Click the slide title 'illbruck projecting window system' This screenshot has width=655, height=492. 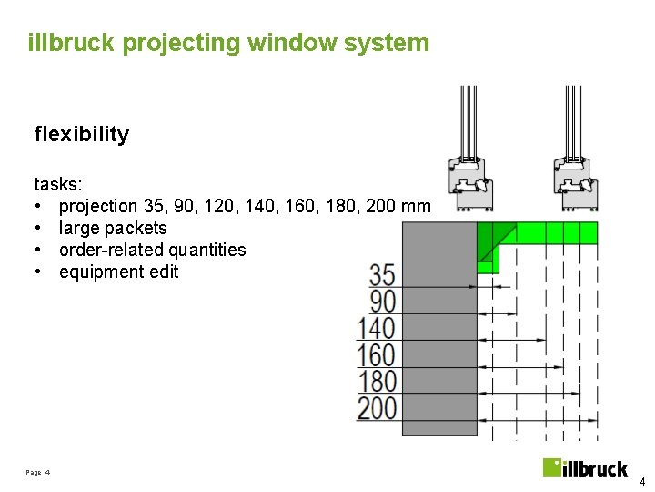pos(228,43)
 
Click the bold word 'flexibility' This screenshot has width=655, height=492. pos(82,135)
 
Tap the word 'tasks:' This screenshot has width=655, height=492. pos(58,184)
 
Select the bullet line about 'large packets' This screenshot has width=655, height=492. pos(113,228)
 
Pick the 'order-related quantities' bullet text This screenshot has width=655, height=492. pos(152,250)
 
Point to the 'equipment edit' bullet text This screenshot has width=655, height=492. pos(118,272)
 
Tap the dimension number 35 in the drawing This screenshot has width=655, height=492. pos(382,274)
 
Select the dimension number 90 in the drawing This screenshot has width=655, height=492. pos(382,301)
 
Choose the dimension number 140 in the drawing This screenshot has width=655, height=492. pos(377,327)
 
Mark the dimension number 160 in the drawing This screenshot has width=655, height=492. pos(377,354)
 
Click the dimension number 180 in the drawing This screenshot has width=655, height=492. pos(377,380)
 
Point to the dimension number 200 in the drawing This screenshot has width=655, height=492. pos(377,407)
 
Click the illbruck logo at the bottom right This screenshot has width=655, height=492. pos(585,468)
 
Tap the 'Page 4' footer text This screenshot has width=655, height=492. pos(38,473)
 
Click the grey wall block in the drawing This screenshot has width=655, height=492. pos(438,328)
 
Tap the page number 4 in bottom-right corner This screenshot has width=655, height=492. pos(641,482)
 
